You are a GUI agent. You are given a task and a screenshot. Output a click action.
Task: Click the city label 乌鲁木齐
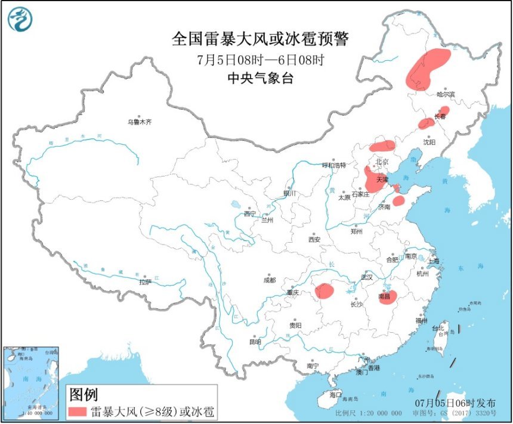[x=140, y=122]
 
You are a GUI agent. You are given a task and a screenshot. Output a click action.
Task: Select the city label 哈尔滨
[x=445, y=94]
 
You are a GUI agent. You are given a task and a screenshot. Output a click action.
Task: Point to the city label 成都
[x=269, y=280]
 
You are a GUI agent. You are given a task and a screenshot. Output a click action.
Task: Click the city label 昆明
[x=256, y=342]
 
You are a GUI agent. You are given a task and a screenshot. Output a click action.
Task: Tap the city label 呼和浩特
[x=333, y=165]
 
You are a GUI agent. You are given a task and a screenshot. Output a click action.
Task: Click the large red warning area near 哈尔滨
[x=427, y=69]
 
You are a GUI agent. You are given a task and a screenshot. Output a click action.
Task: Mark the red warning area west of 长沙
[x=325, y=291]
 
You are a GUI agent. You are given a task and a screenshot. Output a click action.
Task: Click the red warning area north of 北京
[x=382, y=145]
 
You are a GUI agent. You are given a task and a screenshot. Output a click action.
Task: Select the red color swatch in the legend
[x=78, y=412]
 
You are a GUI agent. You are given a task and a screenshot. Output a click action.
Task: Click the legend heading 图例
[x=84, y=394]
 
